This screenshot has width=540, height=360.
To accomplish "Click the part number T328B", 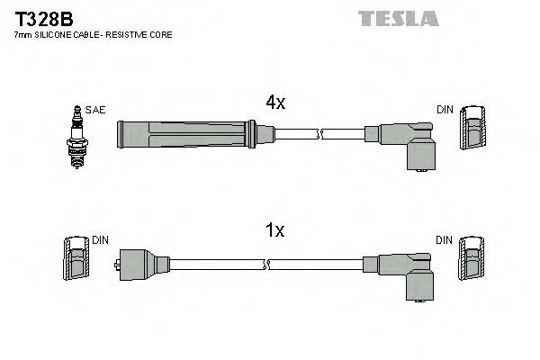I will pyautogui.click(x=42, y=17).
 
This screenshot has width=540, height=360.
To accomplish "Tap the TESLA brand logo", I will pyautogui.click(x=398, y=18).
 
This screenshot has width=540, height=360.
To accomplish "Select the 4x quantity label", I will pyautogui.click(x=274, y=103).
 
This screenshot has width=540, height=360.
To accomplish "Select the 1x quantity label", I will pyautogui.click(x=274, y=231).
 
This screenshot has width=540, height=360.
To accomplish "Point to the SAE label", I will pyautogui.click(x=96, y=110).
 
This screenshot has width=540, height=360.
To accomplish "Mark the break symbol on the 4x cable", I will pyautogui.click(x=319, y=135).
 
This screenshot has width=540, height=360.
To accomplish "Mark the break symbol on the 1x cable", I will pyautogui.click(x=267, y=265).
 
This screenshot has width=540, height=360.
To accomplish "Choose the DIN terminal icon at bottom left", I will pyautogui.click(x=76, y=261).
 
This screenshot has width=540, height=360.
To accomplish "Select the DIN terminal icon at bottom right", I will pyautogui.click(x=472, y=261).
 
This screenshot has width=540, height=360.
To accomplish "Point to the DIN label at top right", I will pyautogui.click(x=445, y=110).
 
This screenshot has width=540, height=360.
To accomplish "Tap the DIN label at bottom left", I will pyautogui.click(x=101, y=240).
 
